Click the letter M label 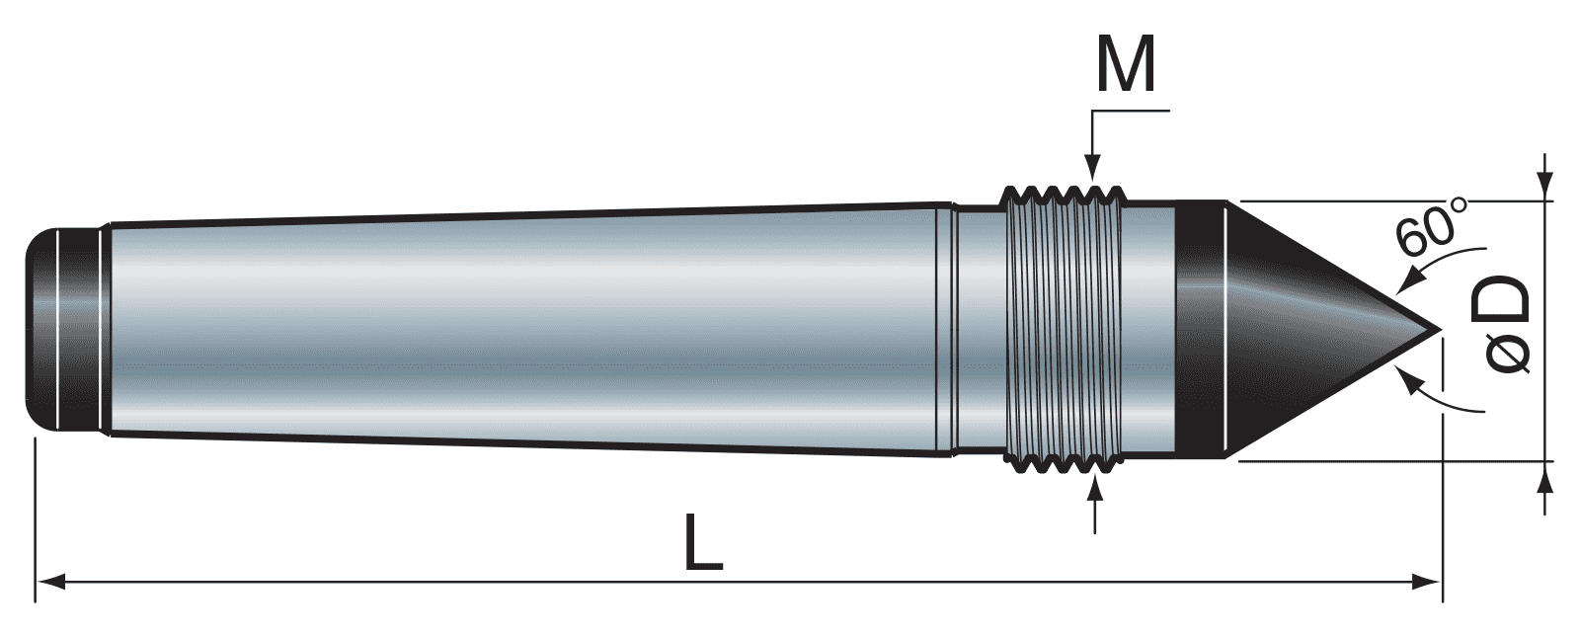coord(1127,67)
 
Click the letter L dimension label coord(703,542)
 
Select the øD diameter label coord(1506,325)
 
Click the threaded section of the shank coord(1062,326)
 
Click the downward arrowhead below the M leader coord(1092,172)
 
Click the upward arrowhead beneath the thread coord(1094,489)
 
